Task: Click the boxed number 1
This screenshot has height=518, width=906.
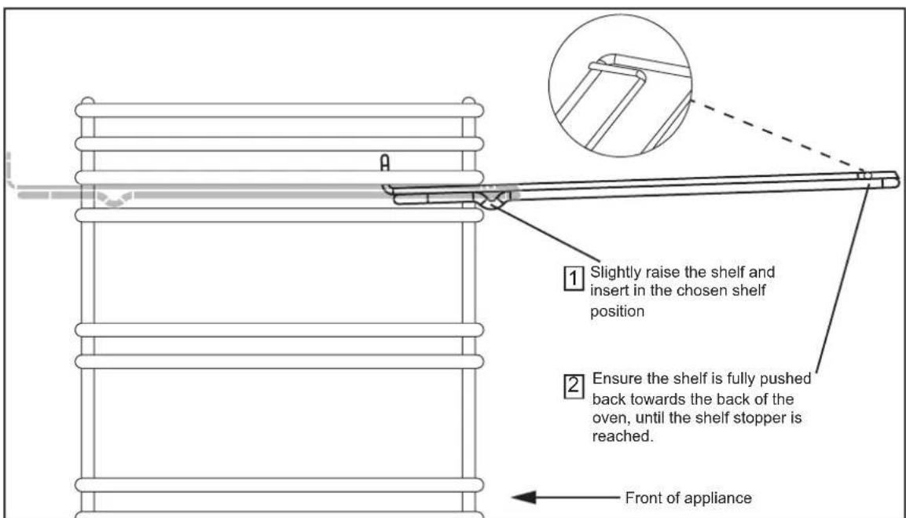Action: coord(573,279)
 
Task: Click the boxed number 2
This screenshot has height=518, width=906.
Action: coord(573,386)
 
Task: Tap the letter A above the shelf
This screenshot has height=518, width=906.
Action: coord(385,163)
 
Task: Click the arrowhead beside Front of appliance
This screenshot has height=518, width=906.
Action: coord(524,498)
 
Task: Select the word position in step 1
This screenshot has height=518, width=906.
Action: coord(617,311)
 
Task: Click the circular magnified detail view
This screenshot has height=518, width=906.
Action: coord(620,86)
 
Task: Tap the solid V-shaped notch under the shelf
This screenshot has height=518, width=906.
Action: coord(490,200)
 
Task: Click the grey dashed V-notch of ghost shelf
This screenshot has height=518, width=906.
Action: coord(114,198)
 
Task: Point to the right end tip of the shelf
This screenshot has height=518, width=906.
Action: coord(898,180)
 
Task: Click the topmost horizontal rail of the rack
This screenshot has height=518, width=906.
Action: coord(279,110)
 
